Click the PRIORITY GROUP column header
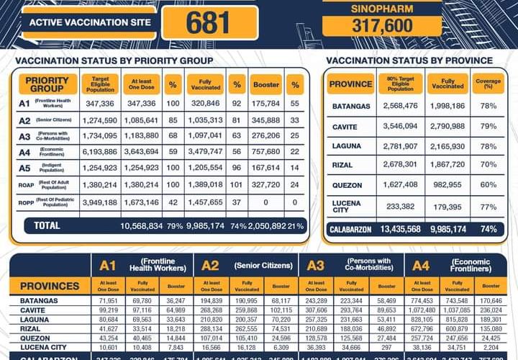tap(47, 84)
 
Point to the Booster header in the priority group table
tap(266, 84)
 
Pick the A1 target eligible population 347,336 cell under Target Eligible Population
tap(101, 104)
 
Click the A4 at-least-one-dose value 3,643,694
tap(141, 151)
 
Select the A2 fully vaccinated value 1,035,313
tap(204, 120)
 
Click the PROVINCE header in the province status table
tap(350, 84)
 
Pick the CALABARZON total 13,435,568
tap(396, 230)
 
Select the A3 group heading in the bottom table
tap(315, 265)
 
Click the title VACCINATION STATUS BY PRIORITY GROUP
tap(114, 60)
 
